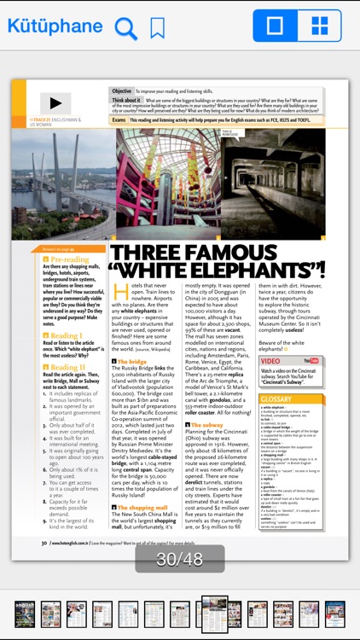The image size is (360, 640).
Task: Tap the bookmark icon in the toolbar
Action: tap(158, 28)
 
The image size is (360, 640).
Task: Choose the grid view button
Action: tap(319, 26)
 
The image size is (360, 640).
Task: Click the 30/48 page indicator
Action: tap(180, 559)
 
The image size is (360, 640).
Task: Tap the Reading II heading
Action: tap(67, 367)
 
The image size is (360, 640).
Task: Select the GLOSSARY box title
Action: tap(276, 399)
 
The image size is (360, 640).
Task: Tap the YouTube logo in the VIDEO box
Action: tap(311, 361)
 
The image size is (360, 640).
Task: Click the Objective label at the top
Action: tap(122, 90)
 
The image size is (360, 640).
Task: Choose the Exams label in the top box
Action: tap(119, 120)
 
